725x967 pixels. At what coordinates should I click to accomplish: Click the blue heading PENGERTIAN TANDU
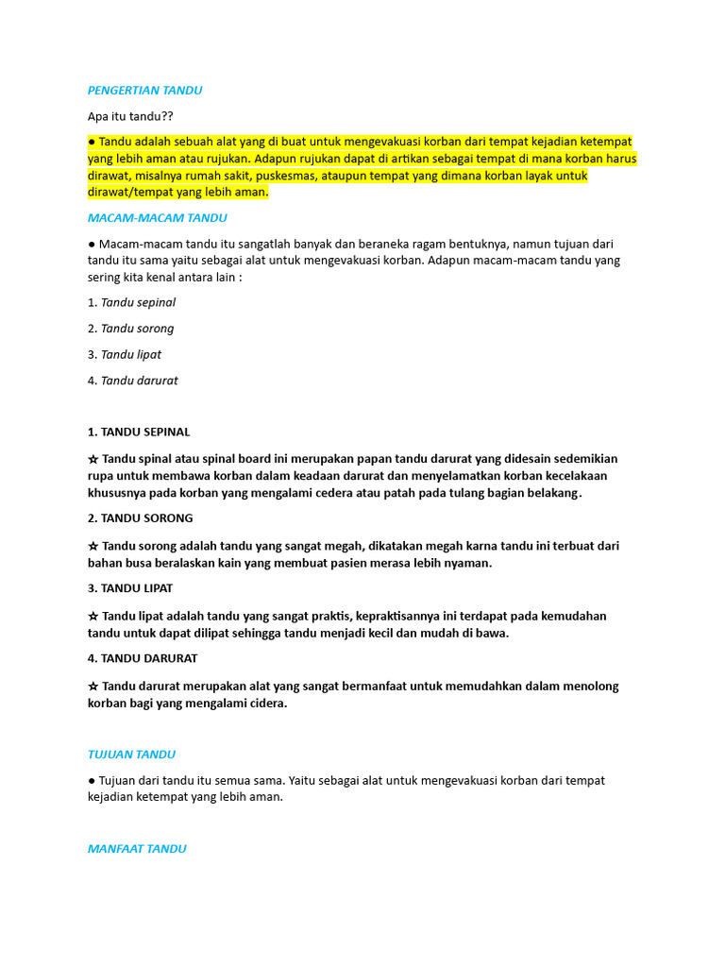(144, 91)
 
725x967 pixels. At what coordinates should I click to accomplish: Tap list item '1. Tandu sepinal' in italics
(131, 303)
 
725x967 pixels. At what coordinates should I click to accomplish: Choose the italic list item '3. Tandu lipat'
(125, 355)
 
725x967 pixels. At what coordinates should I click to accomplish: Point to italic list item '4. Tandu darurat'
(132, 381)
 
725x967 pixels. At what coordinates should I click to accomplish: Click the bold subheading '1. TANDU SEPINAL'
(139, 433)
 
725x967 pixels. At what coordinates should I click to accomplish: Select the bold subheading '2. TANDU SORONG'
(140, 518)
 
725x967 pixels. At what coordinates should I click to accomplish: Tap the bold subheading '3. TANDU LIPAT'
(130, 588)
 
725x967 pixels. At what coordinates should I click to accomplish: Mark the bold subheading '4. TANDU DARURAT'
(143, 658)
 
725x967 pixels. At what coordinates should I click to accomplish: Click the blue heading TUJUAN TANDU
(131, 755)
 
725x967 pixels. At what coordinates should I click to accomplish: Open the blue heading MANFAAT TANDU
(137, 849)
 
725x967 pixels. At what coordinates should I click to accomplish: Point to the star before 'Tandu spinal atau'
(93, 459)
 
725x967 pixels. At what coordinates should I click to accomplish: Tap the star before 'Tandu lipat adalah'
(93, 616)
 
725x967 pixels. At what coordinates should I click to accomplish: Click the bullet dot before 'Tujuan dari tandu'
(92, 781)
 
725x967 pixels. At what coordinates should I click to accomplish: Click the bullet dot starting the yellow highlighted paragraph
(92, 142)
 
